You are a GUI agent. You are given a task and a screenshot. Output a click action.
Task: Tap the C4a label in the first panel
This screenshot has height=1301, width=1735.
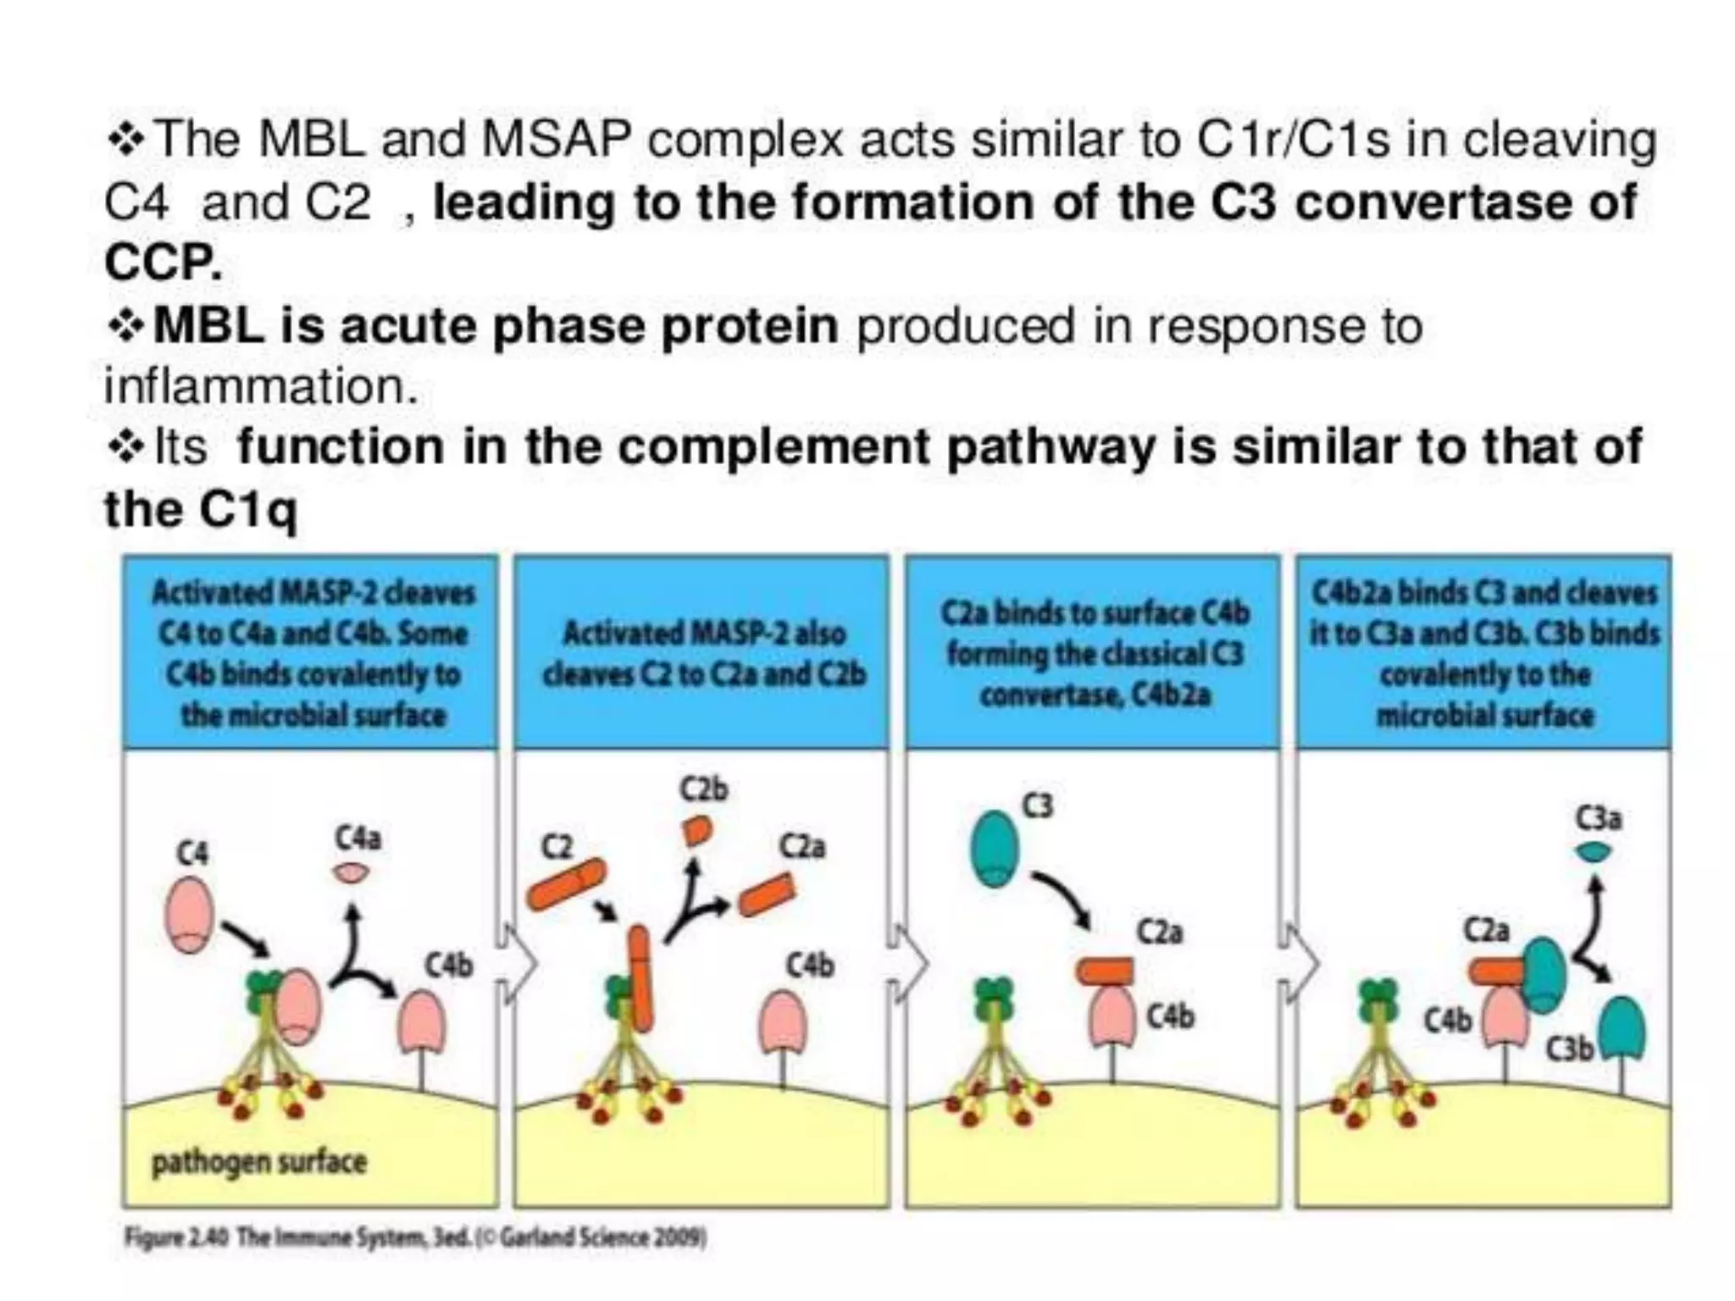coord(358,839)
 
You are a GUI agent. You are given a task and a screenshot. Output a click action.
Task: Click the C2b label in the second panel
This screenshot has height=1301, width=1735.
coord(704,789)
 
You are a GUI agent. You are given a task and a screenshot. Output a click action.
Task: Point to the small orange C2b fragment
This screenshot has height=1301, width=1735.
coord(696,831)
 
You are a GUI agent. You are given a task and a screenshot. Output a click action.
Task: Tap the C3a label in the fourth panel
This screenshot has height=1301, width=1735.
coord(1598,819)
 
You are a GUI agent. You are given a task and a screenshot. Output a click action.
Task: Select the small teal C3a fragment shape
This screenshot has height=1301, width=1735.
coord(1594,853)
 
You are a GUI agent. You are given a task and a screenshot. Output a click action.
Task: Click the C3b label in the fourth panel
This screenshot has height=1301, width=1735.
coord(1569,1049)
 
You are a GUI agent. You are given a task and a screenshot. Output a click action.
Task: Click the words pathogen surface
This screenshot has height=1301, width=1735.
coord(259,1162)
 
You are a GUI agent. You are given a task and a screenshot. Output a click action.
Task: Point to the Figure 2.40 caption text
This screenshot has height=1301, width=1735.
coord(415,1238)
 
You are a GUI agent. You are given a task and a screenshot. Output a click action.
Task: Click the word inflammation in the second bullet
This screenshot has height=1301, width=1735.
coord(261,386)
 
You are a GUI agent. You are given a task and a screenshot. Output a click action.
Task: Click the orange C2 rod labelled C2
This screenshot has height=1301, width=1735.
coord(566,885)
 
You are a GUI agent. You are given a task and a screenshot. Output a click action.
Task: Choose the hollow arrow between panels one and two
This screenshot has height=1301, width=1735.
coord(518,964)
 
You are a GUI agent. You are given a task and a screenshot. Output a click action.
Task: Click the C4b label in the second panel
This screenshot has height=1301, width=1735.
coord(810,966)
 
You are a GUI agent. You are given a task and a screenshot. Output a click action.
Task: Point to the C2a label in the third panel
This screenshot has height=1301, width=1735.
coord(1159,933)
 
